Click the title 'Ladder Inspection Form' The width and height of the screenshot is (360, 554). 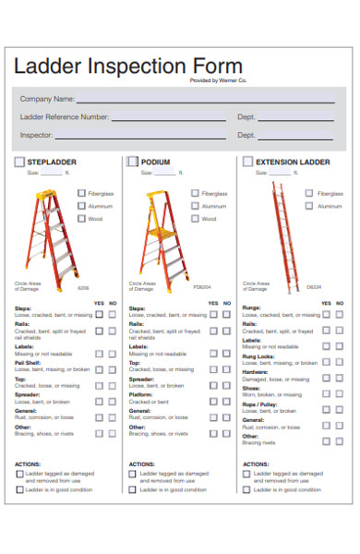pos(128,66)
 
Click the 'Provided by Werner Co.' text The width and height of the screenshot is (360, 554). pos(219,80)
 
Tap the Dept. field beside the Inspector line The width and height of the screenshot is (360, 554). pos(297,135)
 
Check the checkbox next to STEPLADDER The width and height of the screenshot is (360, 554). pos(19,162)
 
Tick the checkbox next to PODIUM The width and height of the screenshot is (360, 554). pos(133,162)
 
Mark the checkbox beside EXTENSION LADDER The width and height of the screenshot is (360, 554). pos(247,162)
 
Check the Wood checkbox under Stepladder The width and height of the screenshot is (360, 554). pos(82,219)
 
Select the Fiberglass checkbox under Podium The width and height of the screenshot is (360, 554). pos(196,194)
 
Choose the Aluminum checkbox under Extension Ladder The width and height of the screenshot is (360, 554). pos(310,207)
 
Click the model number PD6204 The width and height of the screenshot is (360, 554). pos(202,287)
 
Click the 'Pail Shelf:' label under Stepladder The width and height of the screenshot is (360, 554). pos(28,364)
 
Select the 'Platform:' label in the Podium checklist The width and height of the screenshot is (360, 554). pos(142,395)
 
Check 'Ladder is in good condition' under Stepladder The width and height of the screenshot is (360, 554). pos(20,489)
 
